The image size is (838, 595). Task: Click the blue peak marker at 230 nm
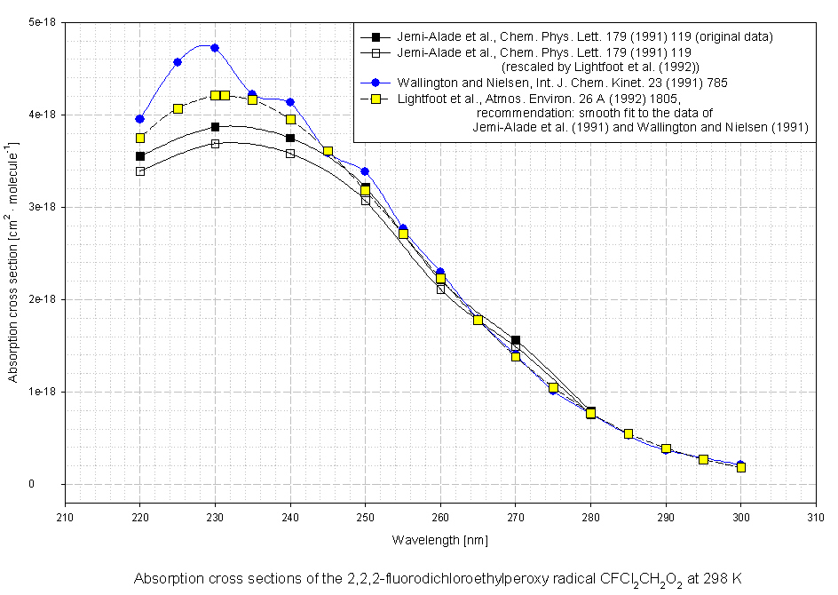tap(215, 48)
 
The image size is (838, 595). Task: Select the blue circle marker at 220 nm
tap(140, 119)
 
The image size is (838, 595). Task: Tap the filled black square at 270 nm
tap(516, 340)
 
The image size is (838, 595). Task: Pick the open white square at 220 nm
tap(140, 171)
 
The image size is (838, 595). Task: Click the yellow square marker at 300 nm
tap(741, 467)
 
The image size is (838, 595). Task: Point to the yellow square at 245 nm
tap(328, 152)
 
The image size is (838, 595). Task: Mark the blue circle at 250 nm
tap(365, 171)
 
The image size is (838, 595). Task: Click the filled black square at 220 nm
tap(140, 156)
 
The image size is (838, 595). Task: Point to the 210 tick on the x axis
tap(65, 516)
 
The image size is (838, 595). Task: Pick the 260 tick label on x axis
tap(440, 516)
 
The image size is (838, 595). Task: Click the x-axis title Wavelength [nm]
tap(440, 540)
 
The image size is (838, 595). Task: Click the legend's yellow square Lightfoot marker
tap(376, 99)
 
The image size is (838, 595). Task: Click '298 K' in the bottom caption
tap(723, 579)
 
